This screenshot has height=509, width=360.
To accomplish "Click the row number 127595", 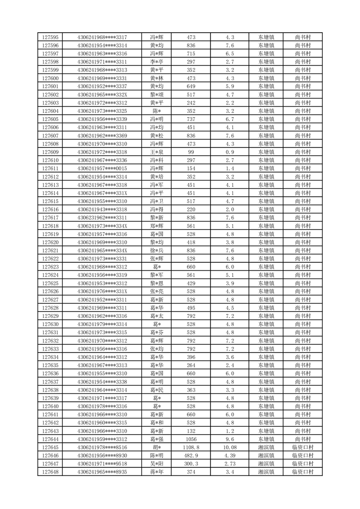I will (x=50, y=37).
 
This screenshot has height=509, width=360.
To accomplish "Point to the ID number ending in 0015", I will (x=102, y=168).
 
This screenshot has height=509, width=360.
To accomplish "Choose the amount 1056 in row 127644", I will (x=191, y=439).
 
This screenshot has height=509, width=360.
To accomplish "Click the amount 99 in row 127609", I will (x=191, y=152).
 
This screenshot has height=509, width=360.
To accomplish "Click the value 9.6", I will (x=229, y=439).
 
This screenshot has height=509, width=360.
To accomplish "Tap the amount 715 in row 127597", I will (x=191, y=54).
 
